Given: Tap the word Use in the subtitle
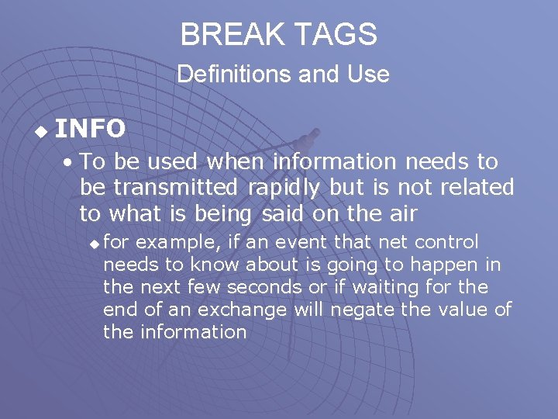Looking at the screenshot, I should [372, 74].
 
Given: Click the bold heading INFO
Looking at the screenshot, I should [91, 129].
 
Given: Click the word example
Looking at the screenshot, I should [174, 242].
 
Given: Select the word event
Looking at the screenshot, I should [303, 242].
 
